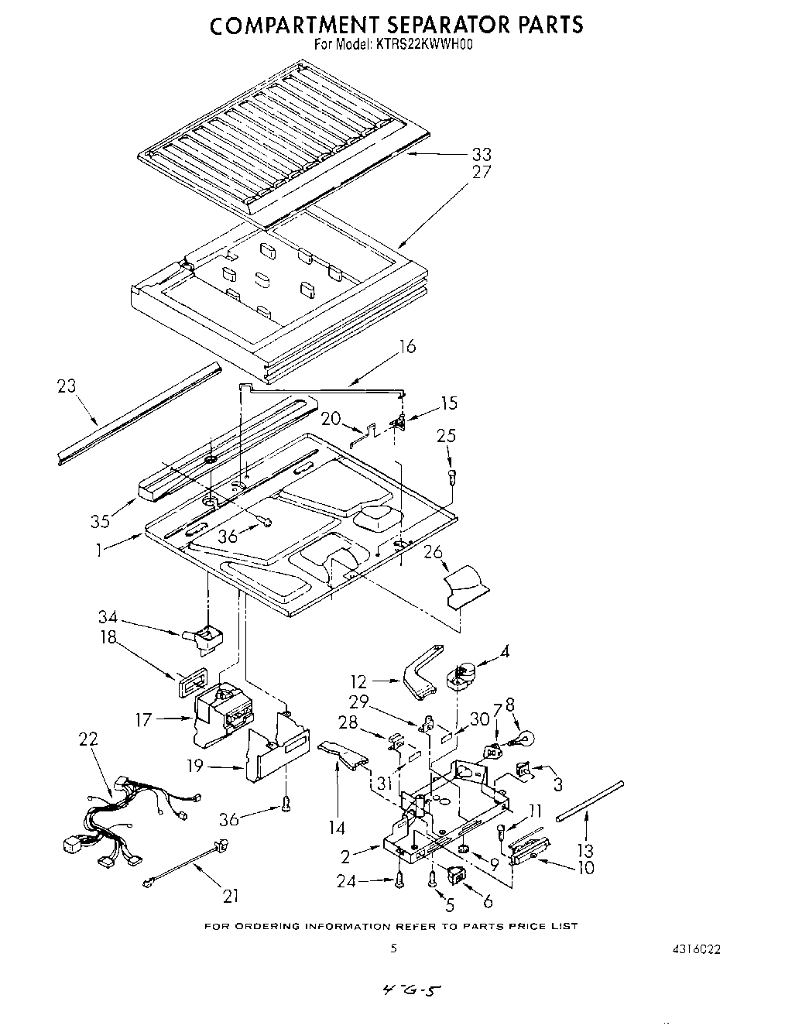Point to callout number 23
tap(67, 385)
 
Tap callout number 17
tap(143, 720)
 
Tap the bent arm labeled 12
tap(421, 667)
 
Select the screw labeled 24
tap(400, 878)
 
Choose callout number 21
tap(230, 897)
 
